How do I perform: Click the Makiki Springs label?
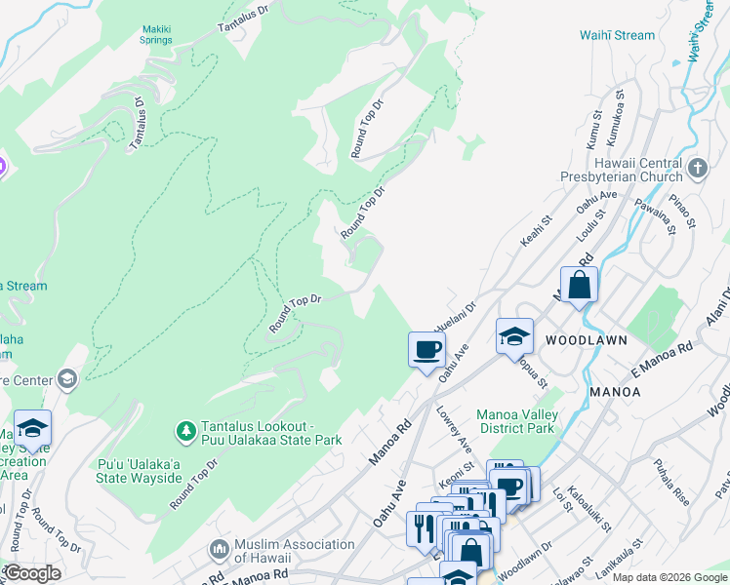point(156,35)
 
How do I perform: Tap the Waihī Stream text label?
point(617,35)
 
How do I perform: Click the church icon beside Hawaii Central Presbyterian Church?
point(697,169)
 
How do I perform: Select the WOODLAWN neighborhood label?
point(583,341)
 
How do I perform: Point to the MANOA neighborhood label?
point(615,391)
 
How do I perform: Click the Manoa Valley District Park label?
point(515,421)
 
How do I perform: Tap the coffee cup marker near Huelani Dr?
point(426,349)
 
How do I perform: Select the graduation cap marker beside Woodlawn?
point(514,337)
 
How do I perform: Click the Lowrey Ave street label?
point(455,429)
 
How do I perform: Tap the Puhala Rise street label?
point(670,480)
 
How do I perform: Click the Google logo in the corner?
point(32,573)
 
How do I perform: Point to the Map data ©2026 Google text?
point(669,577)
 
